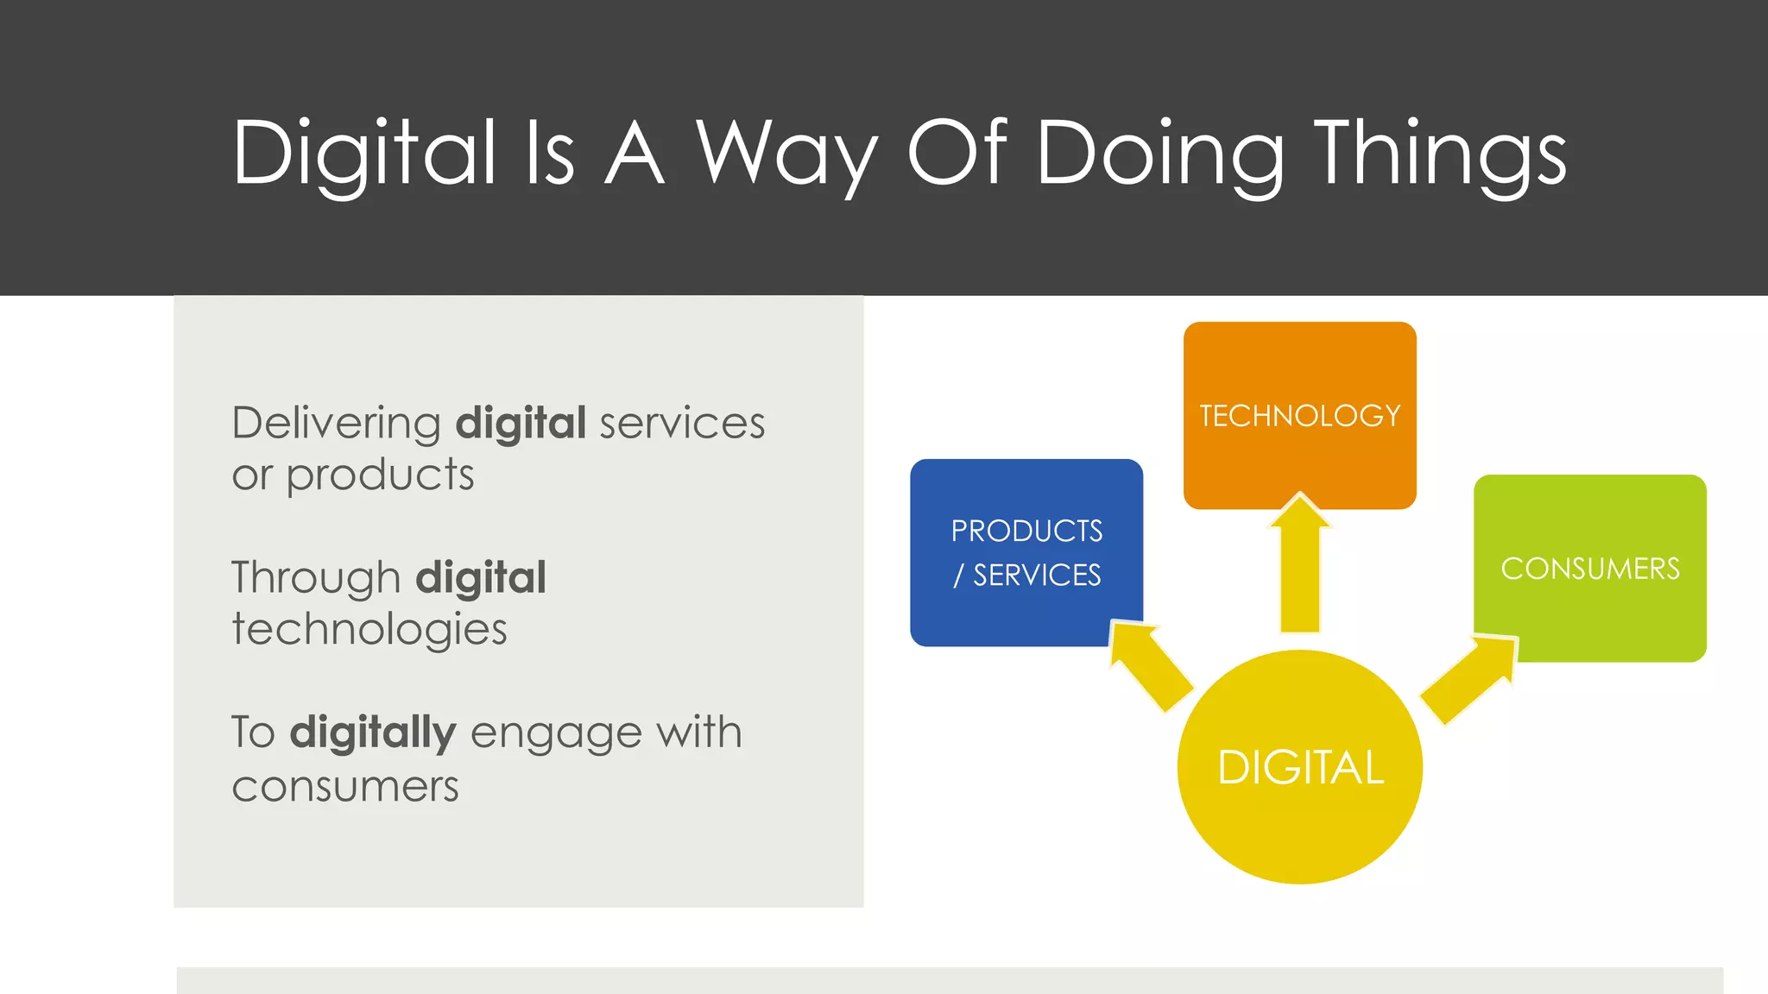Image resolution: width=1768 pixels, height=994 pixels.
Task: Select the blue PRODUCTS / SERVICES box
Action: click(1026, 552)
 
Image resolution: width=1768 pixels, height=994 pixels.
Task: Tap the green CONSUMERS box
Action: click(1590, 569)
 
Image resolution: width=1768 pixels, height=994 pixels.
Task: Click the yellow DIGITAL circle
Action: click(1299, 767)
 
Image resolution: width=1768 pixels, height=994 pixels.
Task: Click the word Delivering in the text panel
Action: click(337, 424)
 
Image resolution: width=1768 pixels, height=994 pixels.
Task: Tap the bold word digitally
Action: click(372, 733)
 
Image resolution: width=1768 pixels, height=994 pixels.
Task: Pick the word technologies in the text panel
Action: click(369, 629)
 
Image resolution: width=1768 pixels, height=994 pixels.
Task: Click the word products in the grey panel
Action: click(380, 475)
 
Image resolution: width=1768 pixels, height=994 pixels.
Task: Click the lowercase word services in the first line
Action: click(682, 424)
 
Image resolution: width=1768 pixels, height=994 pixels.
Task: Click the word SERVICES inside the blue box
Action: click(1037, 575)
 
